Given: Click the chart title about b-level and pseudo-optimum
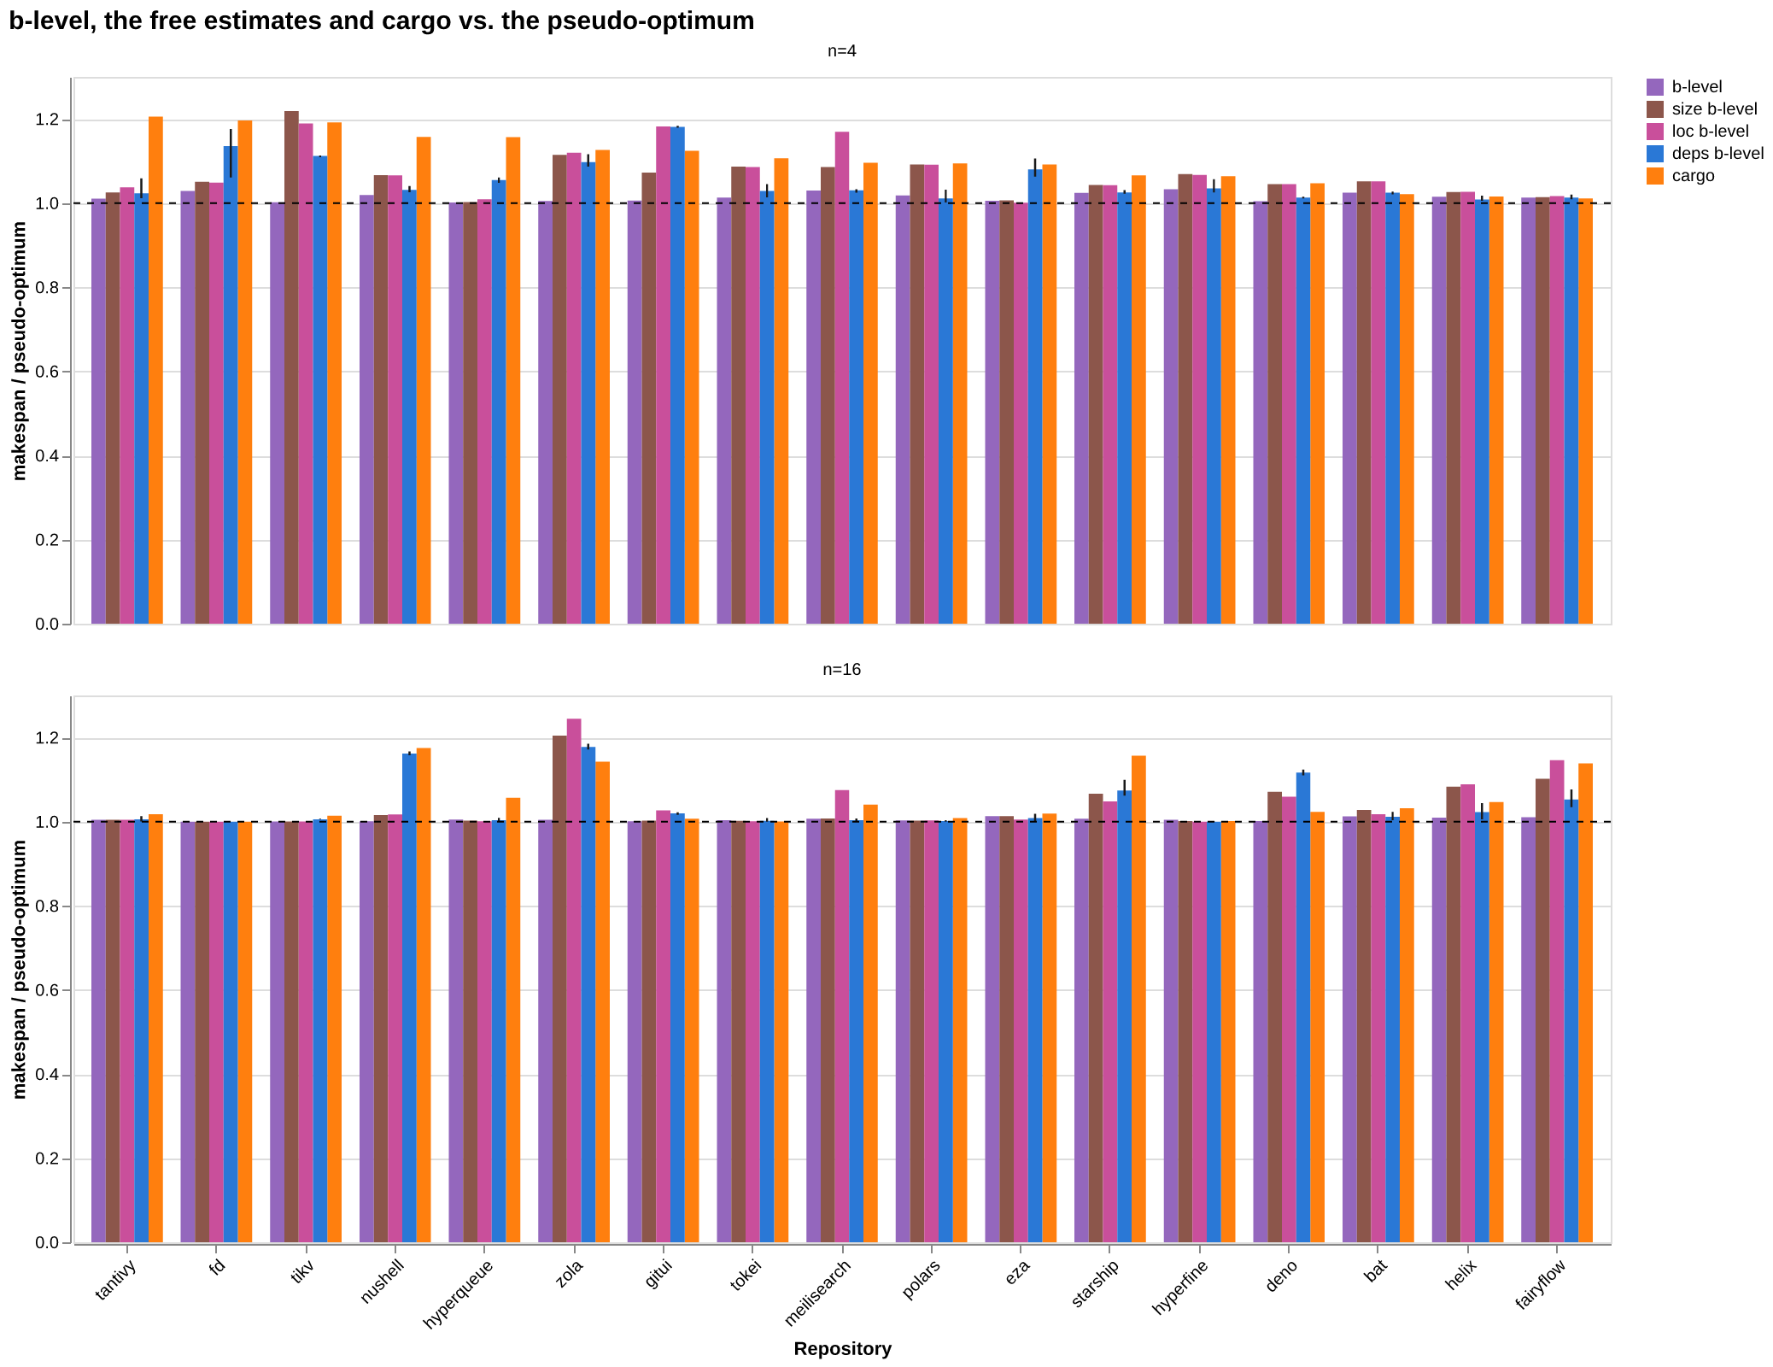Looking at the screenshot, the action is (x=382, y=21).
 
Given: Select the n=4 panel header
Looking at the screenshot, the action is (x=841, y=51).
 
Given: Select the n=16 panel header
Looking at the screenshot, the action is (x=841, y=670).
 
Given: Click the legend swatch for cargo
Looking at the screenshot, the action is (x=1655, y=176).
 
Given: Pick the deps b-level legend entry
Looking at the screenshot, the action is (x=1705, y=154).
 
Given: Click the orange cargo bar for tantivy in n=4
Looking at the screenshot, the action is (x=155, y=371).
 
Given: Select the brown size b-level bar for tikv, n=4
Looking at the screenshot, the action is (x=291, y=368).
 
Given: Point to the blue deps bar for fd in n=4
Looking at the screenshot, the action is (x=231, y=385).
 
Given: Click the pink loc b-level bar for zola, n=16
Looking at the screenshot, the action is (x=574, y=981).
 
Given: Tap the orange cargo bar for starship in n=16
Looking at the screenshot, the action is (x=1138, y=1000).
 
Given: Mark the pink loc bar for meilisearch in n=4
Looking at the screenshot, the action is (x=842, y=378).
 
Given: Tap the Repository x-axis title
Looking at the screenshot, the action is (x=842, y=1349).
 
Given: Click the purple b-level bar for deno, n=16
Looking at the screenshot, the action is (x=1261, y=1033).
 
